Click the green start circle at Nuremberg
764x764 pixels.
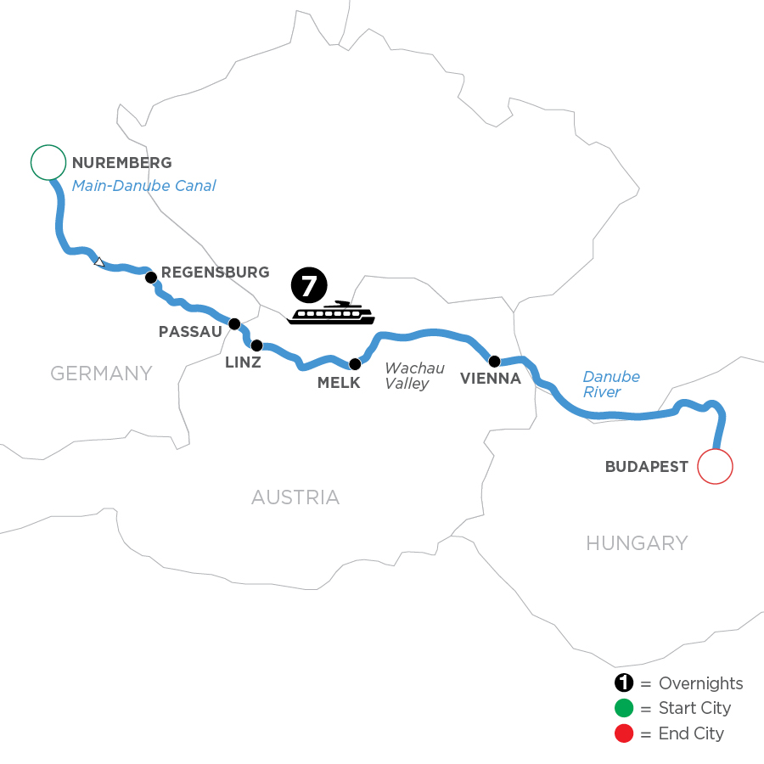pos(48,162)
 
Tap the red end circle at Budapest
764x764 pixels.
pos(715,466)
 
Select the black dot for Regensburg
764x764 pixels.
pos(150,277)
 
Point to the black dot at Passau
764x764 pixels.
pos(234,323)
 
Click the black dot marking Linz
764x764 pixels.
pos(256,345)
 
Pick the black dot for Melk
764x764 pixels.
pos(355,364)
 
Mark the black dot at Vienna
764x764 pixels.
pos(494,361)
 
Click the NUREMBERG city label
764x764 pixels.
pos(122,163)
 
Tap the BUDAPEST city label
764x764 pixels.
pos(646,466)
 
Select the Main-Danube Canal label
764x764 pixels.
pos(143,185)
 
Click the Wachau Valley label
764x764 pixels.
pos(414,376)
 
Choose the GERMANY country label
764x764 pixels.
pos(101,373)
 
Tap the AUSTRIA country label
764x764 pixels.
pos(295,497)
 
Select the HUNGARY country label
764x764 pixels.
pos(637,542)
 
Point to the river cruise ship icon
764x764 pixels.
pos(331,313)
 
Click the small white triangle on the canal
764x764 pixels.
pos(99,262)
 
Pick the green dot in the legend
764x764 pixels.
pos(625,708)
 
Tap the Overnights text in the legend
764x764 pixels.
pos(700,683)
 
